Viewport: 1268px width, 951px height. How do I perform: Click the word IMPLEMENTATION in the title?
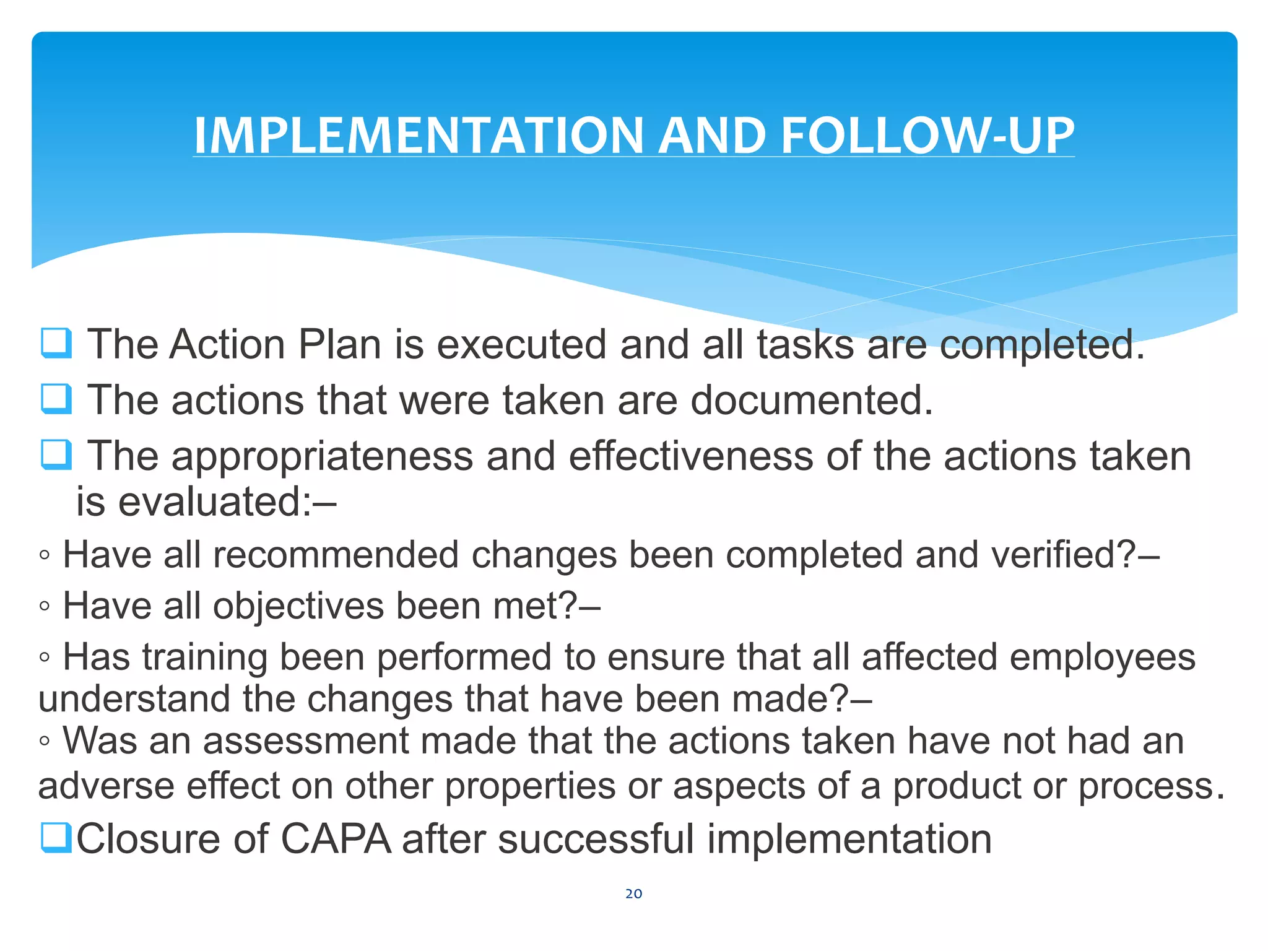tap(419, 136)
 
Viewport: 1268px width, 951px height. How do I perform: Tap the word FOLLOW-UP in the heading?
tap(927, 136)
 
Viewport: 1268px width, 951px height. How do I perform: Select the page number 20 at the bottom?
tap(633, 893)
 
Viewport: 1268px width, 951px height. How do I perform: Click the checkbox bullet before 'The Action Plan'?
tap(56, 343)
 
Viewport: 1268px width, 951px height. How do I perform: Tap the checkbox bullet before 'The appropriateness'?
tap(56, 454)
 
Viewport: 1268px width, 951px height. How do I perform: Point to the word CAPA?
tap(336, 839)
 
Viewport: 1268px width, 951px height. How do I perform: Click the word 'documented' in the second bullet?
tap(811, 400)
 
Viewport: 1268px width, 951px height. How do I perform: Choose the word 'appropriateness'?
tap(322, 457)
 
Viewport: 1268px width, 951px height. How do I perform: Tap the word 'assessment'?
tap(306, 740)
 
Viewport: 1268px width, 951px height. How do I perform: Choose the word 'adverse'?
tap(106, 786)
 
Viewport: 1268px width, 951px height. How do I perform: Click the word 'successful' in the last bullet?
tap(596, 839)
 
